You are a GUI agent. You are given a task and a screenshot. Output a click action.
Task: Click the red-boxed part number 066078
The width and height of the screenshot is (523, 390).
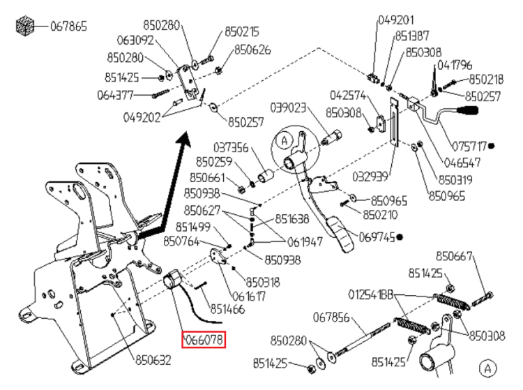[204, 340]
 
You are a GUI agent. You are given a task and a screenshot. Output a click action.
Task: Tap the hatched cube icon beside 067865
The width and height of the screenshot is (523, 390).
[25, 26]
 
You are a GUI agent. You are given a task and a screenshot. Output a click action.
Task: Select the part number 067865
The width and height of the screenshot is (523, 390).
[69, 26]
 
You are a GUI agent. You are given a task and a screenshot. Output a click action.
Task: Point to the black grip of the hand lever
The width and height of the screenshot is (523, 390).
[468, 110]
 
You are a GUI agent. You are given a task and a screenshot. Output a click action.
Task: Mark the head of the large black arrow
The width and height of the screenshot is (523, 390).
[184, 140]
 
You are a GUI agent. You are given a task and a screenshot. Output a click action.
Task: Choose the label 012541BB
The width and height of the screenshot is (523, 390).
[371, 295]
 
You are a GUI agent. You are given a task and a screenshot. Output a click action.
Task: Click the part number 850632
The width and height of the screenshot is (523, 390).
[153, 360]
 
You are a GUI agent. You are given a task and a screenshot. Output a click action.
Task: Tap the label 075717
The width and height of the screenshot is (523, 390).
[469, 146]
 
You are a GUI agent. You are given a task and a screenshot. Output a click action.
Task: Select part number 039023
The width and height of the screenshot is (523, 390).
[288, 107]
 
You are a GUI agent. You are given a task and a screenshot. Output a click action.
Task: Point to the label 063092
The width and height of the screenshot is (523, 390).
[135, 40]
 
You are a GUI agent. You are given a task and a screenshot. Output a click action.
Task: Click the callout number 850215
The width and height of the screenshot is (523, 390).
[242, 32]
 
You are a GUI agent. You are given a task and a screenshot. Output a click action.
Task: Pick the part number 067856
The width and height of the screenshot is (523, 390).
[331, 317]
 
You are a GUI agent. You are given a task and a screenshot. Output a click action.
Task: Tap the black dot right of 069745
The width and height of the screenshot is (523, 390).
[400, 237]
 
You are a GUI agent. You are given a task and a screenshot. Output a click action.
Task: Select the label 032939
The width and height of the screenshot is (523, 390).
[370, 176]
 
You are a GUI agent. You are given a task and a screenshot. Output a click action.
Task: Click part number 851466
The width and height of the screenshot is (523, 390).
[227, 309]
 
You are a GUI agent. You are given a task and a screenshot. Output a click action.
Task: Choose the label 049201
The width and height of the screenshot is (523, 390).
[396, 20]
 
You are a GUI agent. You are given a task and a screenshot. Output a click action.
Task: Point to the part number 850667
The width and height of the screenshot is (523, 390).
[454, 256]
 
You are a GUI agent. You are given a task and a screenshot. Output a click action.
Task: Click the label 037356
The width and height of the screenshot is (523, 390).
[231, 147]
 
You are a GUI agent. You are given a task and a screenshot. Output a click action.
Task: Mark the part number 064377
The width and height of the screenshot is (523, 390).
[115, 95]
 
